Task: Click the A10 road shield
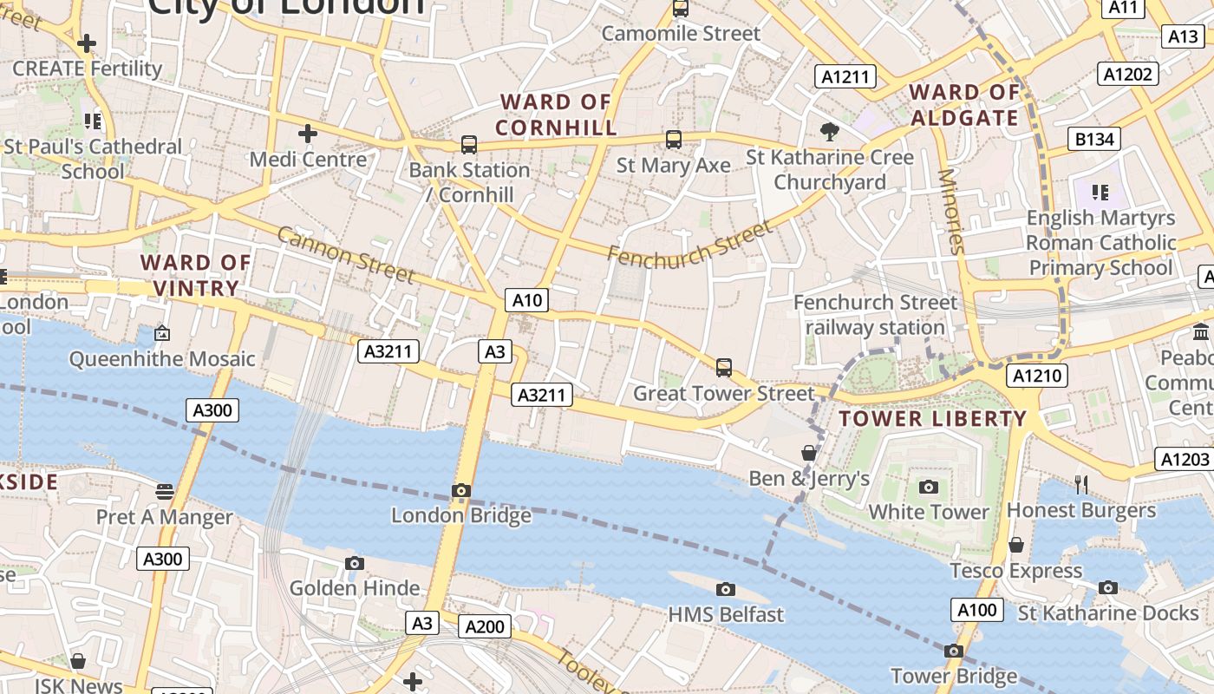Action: point(526,301)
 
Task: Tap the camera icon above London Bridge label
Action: point(461,491)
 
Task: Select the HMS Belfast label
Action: point(725,614)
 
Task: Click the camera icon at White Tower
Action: point(929,488)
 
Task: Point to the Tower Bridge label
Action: point(954,676)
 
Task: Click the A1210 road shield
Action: point(1037,376)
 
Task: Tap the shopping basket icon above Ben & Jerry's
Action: point(809,453)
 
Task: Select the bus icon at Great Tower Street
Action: point(724,368)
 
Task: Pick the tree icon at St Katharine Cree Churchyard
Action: point(830,132)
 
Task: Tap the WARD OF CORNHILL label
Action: point(556,115)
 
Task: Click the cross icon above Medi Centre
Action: point(307,134)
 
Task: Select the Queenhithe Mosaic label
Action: point(162,358)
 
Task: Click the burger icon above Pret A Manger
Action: point(165,492)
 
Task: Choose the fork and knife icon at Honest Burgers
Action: point(1081,485)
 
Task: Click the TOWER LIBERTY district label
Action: point(932,419)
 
